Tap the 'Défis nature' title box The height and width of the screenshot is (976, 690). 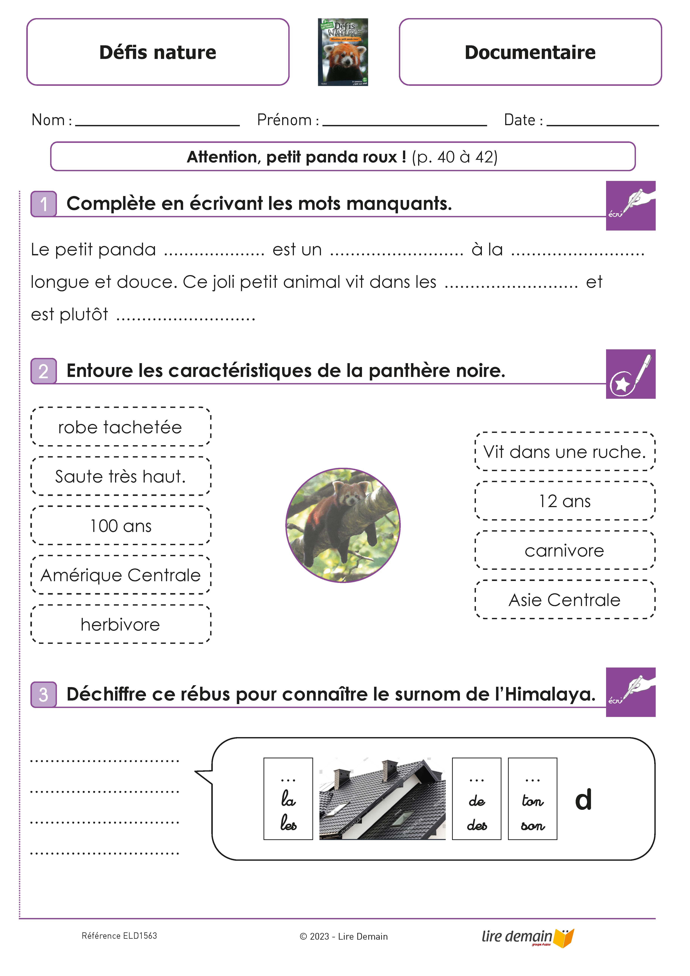pos(158,52)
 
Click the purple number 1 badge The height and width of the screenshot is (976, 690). pos(43,204)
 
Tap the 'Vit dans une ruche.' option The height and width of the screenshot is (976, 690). pos(564,451)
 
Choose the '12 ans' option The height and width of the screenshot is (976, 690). pos(564,501)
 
